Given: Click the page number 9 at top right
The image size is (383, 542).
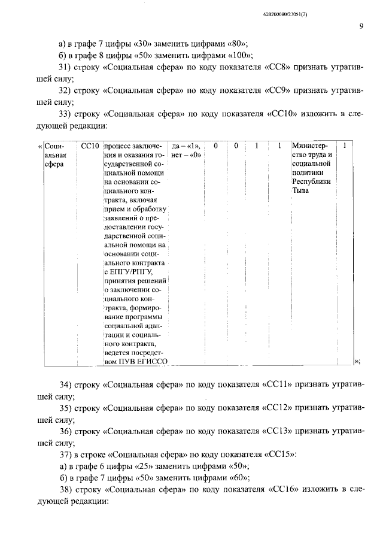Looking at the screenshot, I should [361, 26].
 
